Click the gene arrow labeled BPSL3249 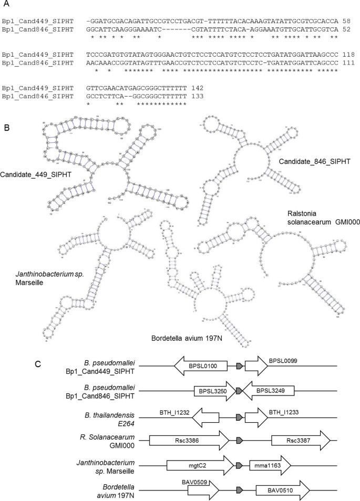tap(268, 391)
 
